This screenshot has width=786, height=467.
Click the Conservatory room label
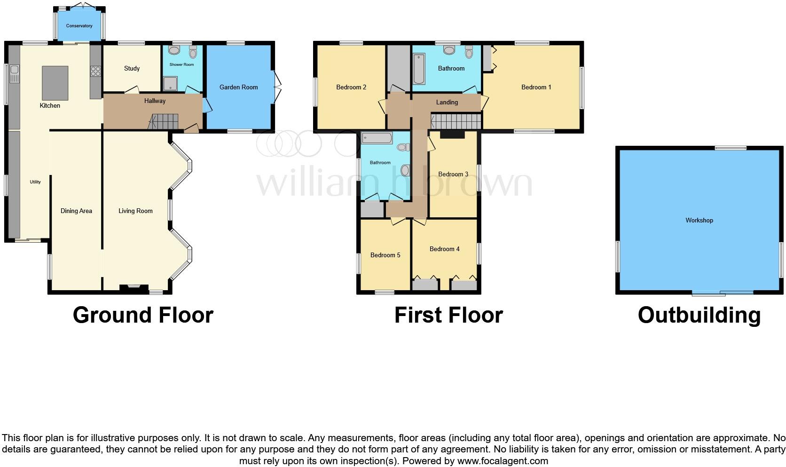79,26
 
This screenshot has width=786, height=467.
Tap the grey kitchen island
55,83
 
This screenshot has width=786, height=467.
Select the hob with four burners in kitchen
95,71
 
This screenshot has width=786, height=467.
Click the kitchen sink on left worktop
14,74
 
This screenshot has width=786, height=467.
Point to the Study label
132,68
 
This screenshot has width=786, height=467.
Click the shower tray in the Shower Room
168,84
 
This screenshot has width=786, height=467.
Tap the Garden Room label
238,87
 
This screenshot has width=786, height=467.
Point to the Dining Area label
76,211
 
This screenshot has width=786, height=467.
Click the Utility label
35,182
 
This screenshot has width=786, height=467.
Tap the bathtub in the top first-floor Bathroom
418,69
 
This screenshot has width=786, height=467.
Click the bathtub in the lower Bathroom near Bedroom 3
377,138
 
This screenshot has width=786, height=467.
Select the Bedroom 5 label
385,255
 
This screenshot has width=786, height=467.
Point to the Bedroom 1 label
536,87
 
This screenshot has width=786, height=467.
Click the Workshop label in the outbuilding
699,220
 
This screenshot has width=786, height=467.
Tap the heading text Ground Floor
143,315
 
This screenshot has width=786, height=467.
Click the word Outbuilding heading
699,315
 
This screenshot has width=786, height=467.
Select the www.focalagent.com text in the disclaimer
502,461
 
